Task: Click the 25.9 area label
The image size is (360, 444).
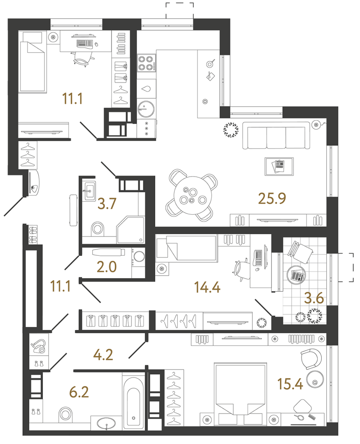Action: [x=272, y=199]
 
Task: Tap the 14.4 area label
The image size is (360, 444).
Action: [x=207, y=287]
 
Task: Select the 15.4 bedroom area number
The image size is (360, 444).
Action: [x=290, y=384]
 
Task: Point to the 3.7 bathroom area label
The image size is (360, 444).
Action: [x=107, y=204]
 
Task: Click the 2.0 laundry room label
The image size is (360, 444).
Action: [x=107, y=267]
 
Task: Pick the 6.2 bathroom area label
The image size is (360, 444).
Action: [x=79, y=392]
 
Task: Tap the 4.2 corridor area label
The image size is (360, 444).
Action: [x=103, y=355]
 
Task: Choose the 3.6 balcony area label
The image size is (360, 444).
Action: [x=314, y=298]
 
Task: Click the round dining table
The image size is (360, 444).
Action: [x=193, y=195]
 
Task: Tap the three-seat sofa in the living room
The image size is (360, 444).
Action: [x=276, y=136]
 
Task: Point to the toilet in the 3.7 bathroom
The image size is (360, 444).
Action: [x=98, y=228]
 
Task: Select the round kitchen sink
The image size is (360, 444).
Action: [x=146, y=109]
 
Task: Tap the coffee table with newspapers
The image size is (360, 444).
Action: [x=279, y=167]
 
